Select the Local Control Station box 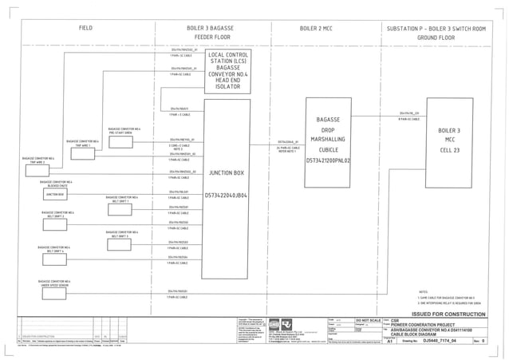(231, 72)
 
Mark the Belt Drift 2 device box (57, 214)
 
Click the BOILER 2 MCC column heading (322, 28)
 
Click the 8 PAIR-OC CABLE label (408, 119)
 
